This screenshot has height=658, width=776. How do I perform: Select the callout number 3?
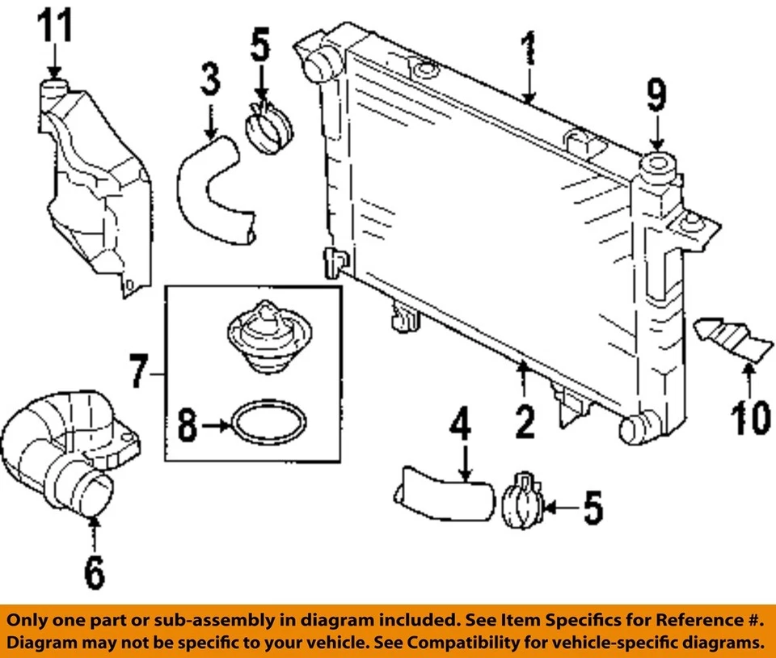pos(209,81)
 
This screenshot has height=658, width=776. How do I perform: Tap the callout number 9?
pos(656,95)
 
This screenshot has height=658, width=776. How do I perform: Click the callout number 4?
pos(460,437)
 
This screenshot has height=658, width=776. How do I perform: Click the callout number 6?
pos(95,572)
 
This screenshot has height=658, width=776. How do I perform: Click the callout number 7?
pos(140,373)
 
